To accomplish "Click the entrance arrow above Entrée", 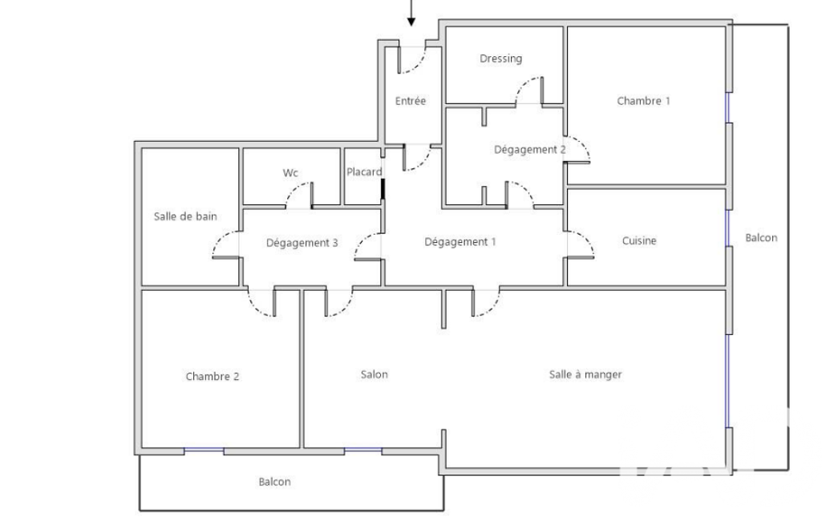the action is (x=411, y=13).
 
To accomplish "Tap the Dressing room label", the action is (x=500, y=59).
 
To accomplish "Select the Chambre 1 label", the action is (x=643, y=101).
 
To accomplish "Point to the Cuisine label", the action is (x=639, y=240).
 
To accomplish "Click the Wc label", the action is (x=290, y=172).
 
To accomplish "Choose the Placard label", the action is (x=364, y=172).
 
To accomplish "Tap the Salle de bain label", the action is (x=185, y=216).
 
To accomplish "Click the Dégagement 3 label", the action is (x=302, y=243).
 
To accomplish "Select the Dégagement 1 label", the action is (x=460, y=241).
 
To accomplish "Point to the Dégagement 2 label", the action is (x=529, y=149).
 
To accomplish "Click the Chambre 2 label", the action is (x=213, y=377).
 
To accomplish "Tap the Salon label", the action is (x=375, y=374).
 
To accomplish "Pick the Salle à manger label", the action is (x=585, y=374).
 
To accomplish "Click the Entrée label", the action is (x=411, y=101).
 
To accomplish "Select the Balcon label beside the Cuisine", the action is (x=761, y=237).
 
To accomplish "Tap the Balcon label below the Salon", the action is (x=275, y=482).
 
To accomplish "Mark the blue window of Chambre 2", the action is (x=204, y=450).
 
